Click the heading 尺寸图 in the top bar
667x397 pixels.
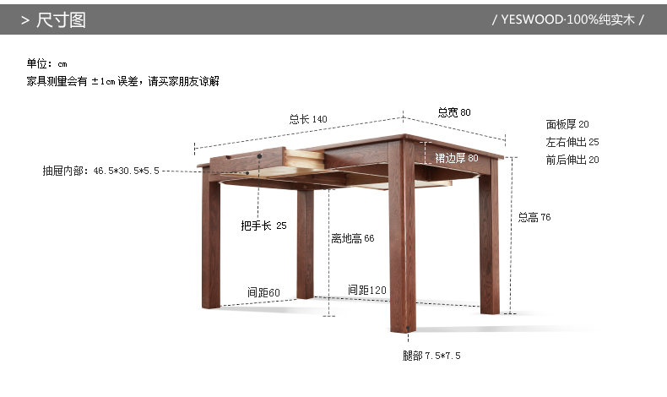click(x=61, y=19)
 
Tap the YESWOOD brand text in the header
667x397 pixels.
click(x=567, y=19)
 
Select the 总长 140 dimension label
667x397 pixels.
click(x=307, y=119)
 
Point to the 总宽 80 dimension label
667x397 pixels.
click(x=454, y=112)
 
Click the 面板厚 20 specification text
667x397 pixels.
click(x=567, y=124)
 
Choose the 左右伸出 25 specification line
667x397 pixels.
click(x=572, y=142)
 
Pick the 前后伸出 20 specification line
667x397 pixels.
click(x=572, y=160)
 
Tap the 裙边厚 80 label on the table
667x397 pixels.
click(x=456, y=158)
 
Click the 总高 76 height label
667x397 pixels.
click(x=534, y=217)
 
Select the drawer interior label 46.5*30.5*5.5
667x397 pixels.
click(x=100, y=171)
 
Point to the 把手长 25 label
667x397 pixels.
click(x=263, y=226)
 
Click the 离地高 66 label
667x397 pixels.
click(x=352, y=239)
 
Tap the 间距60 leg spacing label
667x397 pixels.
click(x=263, y=292)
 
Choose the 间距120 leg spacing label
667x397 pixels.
click(x=366, y=291)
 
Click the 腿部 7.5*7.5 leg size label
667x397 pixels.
click(x=431, y=356)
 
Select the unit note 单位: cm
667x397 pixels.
click(x=46, y=63)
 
